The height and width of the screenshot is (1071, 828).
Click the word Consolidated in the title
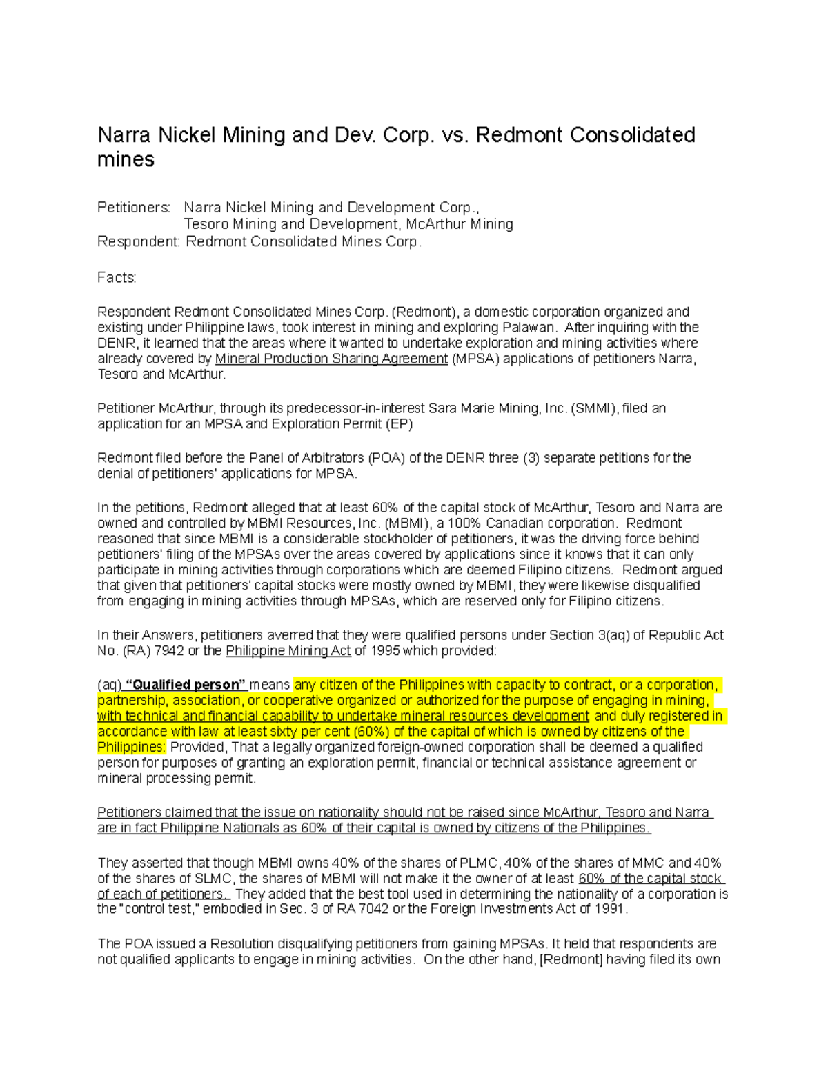click(x=632, y=134)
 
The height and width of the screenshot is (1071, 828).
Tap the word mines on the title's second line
click(x=126, y=160)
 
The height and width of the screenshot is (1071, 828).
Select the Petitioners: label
click(x=133, y=208)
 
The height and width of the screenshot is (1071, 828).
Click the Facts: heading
click(x=117, y=277)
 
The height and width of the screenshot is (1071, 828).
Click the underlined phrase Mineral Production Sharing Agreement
click(x=331, y=359)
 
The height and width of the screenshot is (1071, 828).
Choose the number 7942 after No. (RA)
click(x=169, y=651)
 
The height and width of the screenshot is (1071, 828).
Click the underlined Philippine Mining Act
click(x=288, y=651)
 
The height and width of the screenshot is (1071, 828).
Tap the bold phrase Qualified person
click(x=185, y=685)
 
